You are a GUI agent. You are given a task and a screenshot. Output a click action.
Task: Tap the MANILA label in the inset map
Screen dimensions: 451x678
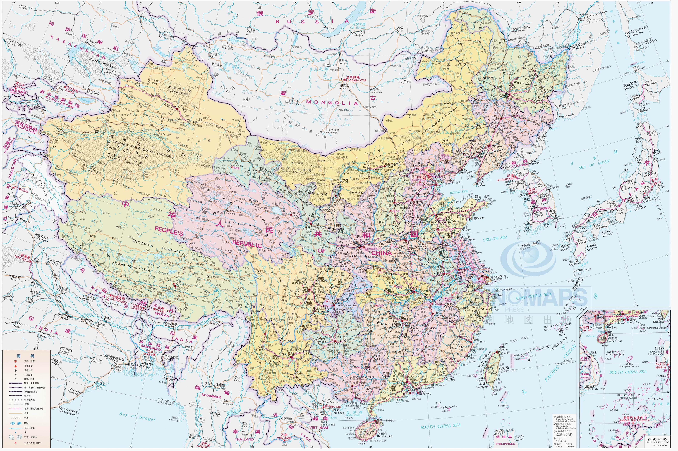pyautogui.click(x=660, y=367)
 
